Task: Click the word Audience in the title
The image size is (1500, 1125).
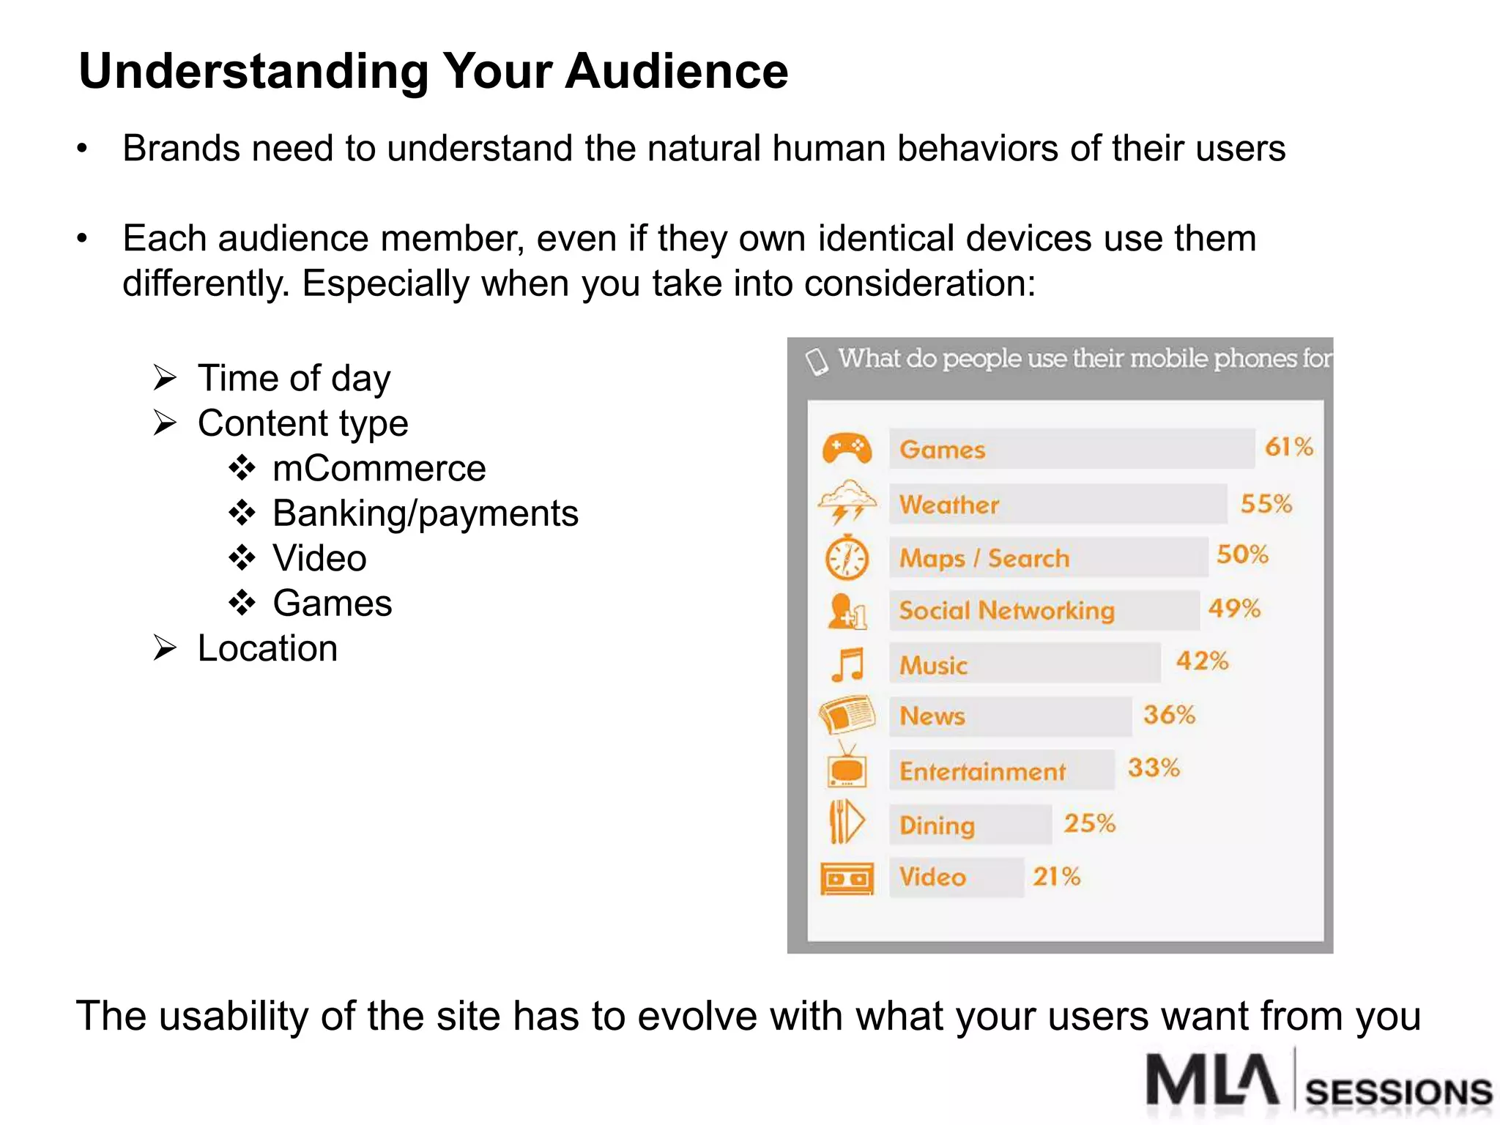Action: [x=677, y=71]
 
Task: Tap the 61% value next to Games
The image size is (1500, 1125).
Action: [x=1288, y=446]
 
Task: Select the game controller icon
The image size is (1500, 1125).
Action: [x=847, y=448]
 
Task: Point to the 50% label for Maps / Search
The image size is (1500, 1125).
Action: [x=1242, y=554]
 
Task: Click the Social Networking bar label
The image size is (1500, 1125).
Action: [x=1006, y=610]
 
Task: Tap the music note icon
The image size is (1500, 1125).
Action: [x=848, y=664]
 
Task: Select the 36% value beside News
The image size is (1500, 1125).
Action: [x=1169, y=714]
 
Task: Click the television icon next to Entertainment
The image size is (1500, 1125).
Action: [x=847, y=766]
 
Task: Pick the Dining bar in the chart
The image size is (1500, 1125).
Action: [x=970, y=825]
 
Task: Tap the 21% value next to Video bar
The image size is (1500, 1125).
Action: [x=1056, y=876]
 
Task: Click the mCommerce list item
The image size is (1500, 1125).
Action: [x=379, y=469]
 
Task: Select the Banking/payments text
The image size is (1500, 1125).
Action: [x=425, y=513]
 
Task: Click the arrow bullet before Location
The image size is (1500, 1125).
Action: [x=165, y=648]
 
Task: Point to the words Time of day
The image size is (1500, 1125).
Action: [x=294, y=379]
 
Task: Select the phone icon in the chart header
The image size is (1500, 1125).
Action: [x=816, y=360]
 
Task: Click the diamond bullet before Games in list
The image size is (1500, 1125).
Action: [x=242, y=604]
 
